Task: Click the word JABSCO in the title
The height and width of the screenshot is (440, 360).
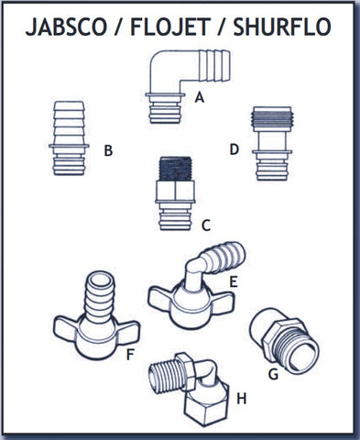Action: coord(66,27)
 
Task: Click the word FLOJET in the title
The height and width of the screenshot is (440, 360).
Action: coord(170,27)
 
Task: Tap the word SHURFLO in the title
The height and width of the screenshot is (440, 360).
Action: coord(282,27)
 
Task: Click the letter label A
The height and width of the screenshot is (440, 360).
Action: coord(200,98)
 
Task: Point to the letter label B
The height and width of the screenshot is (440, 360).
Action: coord(108,150)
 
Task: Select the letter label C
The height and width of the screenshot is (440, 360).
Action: coord(206,225)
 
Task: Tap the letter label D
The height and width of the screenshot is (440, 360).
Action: coord(234,149)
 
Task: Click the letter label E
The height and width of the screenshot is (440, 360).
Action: coord(234,282)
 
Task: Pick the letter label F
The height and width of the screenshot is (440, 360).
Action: coord(130,355)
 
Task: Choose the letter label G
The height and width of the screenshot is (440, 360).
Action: coord(273,374)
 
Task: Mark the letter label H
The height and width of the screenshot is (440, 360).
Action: coord(242,399)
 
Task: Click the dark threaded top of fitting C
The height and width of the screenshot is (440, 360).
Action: coord(176,169)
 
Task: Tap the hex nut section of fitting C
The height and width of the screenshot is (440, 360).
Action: coord(175,191)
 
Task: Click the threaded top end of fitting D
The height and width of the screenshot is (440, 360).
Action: coord(272,119)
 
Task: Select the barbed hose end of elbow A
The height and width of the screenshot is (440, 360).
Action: coord(214,66)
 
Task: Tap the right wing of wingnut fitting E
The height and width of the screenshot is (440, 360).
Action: coord(222,302)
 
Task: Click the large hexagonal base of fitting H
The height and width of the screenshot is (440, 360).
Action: coord(206,401)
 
